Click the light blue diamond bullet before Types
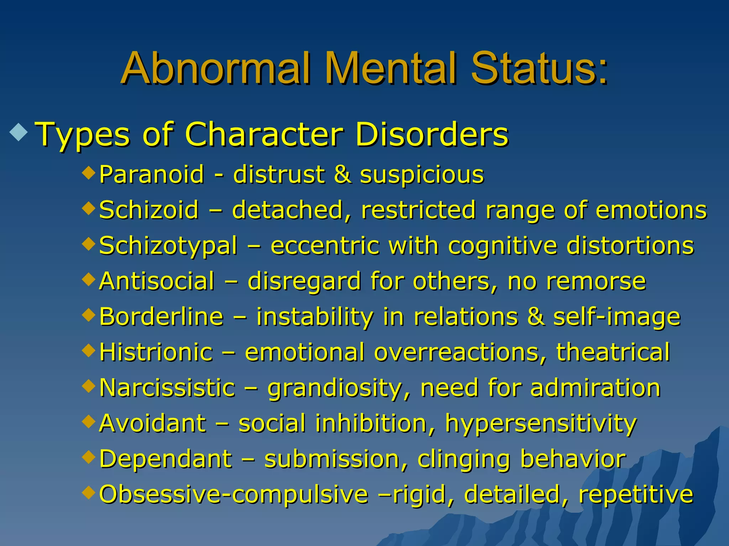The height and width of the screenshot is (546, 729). coord(19,131)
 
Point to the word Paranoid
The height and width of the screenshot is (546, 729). coord(152,175)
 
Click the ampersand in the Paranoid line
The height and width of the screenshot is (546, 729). coord(342,175)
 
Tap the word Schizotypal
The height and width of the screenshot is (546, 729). coord(168,246)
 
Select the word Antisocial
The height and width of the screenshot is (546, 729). coord(157,281)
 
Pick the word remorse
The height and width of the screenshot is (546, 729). coord(596,281)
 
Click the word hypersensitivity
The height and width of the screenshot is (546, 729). coord(541,424)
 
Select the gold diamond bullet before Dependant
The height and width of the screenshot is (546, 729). coord(89,456)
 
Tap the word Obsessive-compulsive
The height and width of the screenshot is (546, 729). coord(234,494)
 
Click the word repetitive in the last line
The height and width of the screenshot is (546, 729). coord(636,494)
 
